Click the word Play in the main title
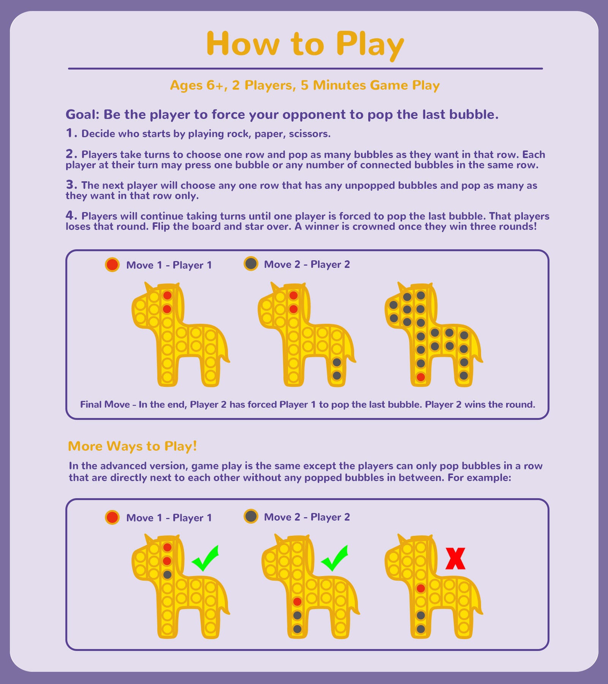pos(370,44)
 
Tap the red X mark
pos(455,558)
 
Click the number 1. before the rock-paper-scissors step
pos(71,133)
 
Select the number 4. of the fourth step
pos(71,215)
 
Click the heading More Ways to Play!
pos(133,446)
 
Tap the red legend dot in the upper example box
pos(112,264)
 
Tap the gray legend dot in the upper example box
pos(251,263)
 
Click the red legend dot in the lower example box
pos(112,517)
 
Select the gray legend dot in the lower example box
pos(251,516)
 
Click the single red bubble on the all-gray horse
pos(421,377)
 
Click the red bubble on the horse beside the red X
pos(421,588)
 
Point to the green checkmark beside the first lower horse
pos(206,558)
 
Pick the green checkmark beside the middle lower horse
pos(335,558)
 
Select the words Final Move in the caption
pos(105,404)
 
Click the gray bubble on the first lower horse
pos(167,575)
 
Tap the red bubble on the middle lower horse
pos(298,602)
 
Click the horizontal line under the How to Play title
pos(306,69)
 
